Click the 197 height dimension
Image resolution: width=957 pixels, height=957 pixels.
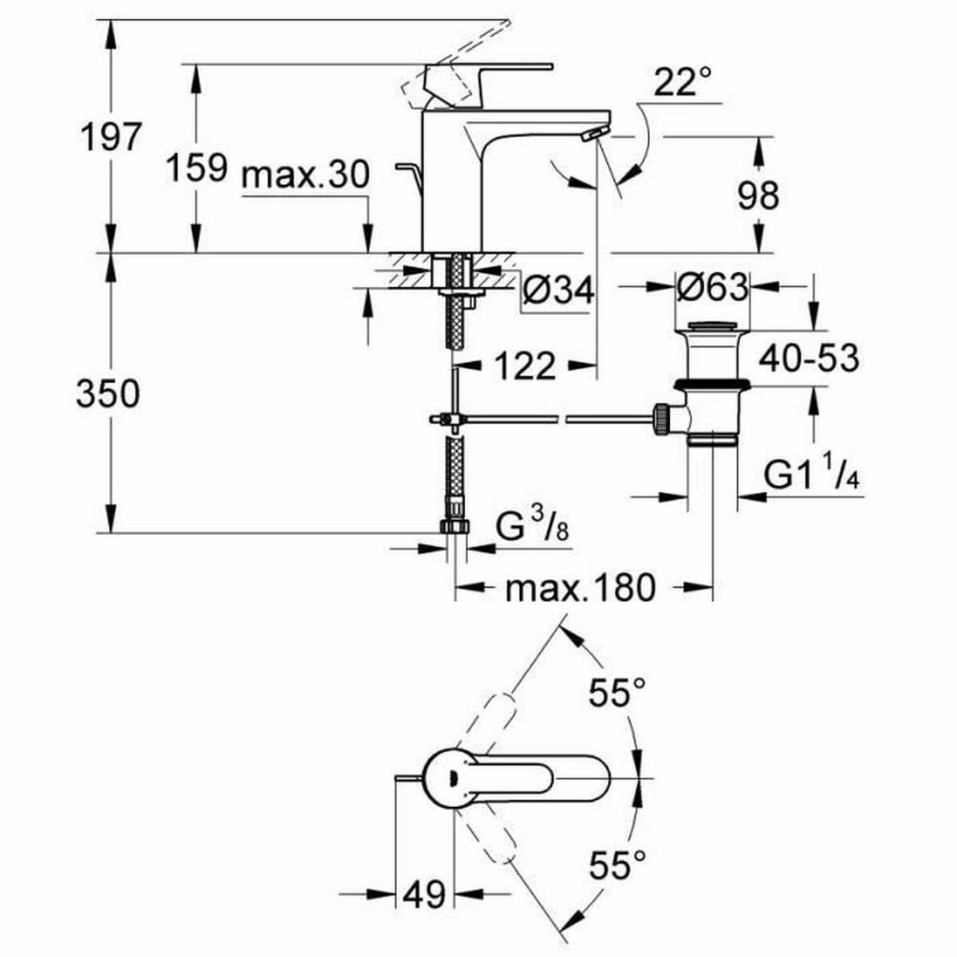click(x=109, y=137)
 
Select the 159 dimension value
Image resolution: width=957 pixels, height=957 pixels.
click(x=196, y=168)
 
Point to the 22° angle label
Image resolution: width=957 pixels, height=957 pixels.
click(x=682, y=82)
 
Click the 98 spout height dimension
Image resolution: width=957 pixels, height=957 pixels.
click(x=758, y=194)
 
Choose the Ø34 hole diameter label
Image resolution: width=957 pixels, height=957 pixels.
click(x=559, y=293)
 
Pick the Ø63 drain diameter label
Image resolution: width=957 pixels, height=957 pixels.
click(x=712, y=286)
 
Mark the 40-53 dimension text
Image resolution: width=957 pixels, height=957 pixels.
click(x=809, y=358)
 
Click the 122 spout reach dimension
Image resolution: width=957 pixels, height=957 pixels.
click(x=524, y=366)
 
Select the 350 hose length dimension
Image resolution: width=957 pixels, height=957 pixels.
click(x=108, y=394)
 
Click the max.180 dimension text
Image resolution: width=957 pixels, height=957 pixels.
click(x=580, y=589)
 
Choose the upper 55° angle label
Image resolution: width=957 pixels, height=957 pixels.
click(x=616, y=693)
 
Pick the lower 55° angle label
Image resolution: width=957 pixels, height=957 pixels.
click(x=616, y=864)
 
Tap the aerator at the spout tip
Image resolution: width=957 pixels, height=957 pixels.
click(x=595, y=133)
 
